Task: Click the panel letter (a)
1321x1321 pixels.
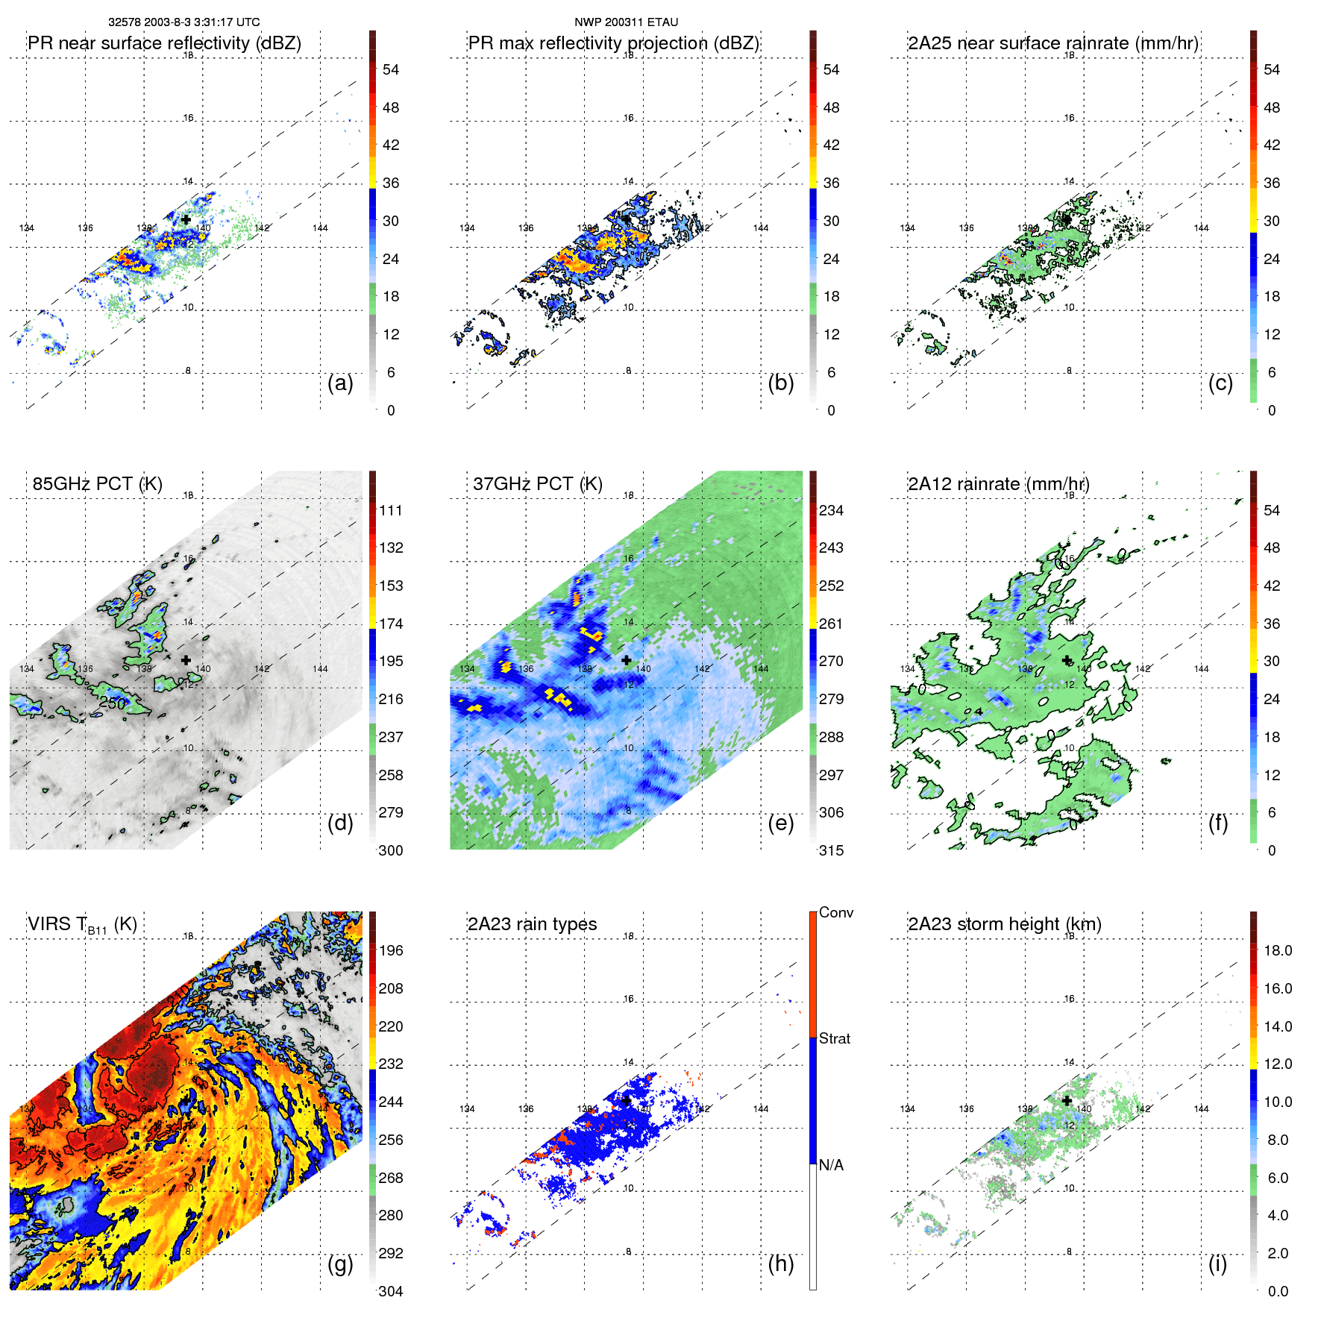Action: point(340,383)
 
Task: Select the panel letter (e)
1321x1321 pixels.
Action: point(780,823)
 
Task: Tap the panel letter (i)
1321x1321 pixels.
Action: point(1217,1264)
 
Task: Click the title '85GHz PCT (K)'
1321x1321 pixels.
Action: point(97,483)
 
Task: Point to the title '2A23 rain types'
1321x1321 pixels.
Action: point(532,924)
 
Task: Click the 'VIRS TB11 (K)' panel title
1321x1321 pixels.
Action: point(82,925)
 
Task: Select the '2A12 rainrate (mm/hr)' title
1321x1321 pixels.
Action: point(998,483)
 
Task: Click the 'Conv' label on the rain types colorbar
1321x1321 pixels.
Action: point(835,912)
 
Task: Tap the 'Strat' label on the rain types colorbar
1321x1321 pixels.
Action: point(834,1038)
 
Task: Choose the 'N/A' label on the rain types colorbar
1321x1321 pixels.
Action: point(831,1165)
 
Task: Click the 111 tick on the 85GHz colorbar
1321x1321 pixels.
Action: point(390,510)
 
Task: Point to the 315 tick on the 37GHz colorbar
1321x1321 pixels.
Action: point(831,850)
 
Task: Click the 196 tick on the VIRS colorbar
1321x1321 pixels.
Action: point(390,950)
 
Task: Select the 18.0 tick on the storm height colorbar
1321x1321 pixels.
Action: point(1277,950)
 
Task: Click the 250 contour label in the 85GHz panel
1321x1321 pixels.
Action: point(112,703)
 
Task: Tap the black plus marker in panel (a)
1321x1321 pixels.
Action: point(186,219)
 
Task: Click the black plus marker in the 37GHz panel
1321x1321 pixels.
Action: point(626,660)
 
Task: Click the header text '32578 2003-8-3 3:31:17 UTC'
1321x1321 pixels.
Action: point(184,22)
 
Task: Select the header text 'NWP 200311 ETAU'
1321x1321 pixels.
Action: point(626,22)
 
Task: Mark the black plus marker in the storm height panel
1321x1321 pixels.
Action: point(1067,1100)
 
